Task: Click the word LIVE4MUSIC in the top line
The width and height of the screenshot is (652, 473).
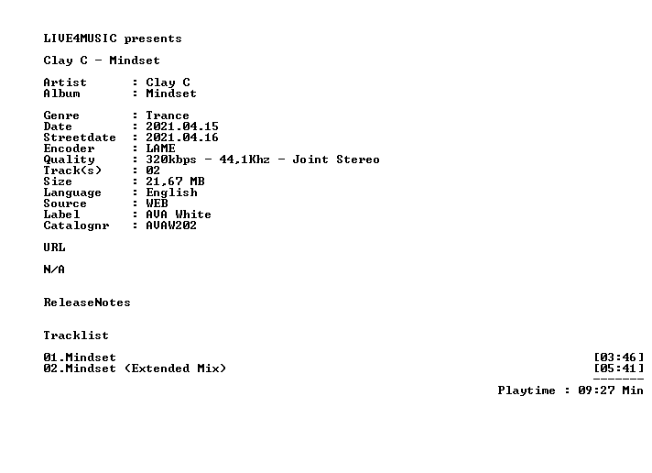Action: click(x=81, y=38)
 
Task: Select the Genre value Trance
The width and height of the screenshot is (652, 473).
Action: click(x=168, y=115)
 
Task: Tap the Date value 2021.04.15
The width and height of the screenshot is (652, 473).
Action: click(x=182, y=126)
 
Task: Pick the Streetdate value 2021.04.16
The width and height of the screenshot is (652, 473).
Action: click(x=182, y=137)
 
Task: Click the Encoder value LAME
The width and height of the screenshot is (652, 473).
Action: click(x=160, y=148)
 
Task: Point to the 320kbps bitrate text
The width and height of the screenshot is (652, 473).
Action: click(x=171, y=159)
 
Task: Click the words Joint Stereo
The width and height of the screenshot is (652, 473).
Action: click(x=336, y=159)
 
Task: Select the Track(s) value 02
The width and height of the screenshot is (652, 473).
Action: click(x=153, y=170)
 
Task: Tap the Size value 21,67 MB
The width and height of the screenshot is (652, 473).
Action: click(x=175, y=181)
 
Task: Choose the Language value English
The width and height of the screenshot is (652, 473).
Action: click(x=171, y=192)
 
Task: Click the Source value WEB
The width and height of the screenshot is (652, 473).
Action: click(x=157, y=203)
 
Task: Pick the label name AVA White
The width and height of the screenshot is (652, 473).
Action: click(x=179, y=214)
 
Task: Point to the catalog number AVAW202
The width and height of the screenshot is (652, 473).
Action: click(x=171, y=225)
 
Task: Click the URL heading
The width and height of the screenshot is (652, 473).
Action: click(x=54, y=247)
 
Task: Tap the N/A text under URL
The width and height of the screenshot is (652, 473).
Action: click(x=54, y=269)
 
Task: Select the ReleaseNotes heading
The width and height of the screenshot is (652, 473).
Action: click(x=87, y=302)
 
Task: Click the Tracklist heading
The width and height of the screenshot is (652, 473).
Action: click(x=76, y=335)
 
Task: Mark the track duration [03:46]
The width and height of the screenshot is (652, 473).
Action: click(x=618, y=357)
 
